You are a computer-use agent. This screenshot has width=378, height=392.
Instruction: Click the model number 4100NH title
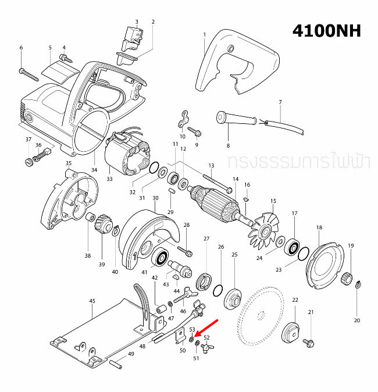pos(326,31)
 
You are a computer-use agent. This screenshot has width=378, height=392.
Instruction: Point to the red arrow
pos(206,328)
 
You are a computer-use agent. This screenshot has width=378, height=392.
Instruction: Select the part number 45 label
pos(92,301)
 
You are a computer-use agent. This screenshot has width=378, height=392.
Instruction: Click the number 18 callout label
pos(319,227)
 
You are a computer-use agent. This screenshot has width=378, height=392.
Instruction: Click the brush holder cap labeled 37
pos(28,161)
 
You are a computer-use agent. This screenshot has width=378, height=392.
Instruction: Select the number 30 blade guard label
pos(155,198)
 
